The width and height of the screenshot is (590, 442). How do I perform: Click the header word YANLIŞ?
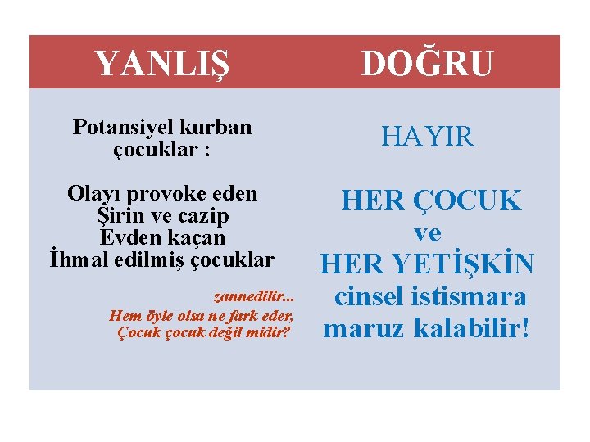click(161, 63)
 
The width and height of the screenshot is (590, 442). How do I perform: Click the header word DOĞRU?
click(427, 63)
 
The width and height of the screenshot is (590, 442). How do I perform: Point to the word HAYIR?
click(427, 138)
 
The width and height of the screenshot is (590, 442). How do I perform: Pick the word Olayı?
click(93, 195)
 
